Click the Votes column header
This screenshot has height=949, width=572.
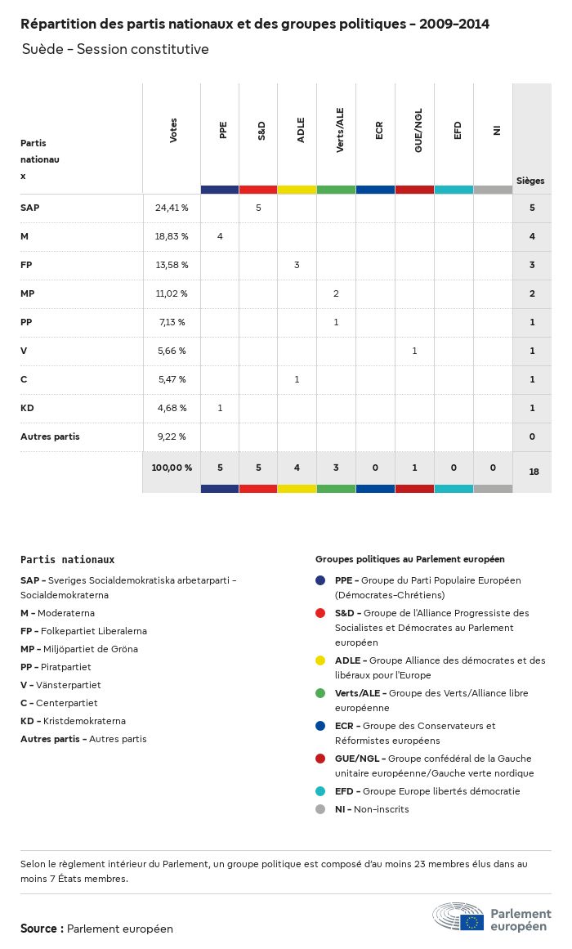point(172,131)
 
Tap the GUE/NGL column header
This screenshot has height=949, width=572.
point(418,132)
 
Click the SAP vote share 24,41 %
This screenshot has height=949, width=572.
point(172,208)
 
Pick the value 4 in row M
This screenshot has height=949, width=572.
point(220,236)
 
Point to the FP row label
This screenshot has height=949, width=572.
point(26,265)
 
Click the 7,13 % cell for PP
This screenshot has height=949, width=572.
point(172,322)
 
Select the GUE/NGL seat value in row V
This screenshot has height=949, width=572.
point(414,351)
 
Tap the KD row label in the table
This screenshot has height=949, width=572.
point(27,408)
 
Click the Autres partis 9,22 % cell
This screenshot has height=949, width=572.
point(172,436)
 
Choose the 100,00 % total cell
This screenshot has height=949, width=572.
point(172,468)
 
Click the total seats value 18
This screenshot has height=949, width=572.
point(532,472)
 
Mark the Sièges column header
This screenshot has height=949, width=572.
point(530,181)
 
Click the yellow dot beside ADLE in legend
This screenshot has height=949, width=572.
point(320,660)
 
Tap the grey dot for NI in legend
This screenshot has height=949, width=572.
point(320,809)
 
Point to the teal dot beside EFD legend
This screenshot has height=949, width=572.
point(320,791)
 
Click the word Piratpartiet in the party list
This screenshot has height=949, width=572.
point(65,667)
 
